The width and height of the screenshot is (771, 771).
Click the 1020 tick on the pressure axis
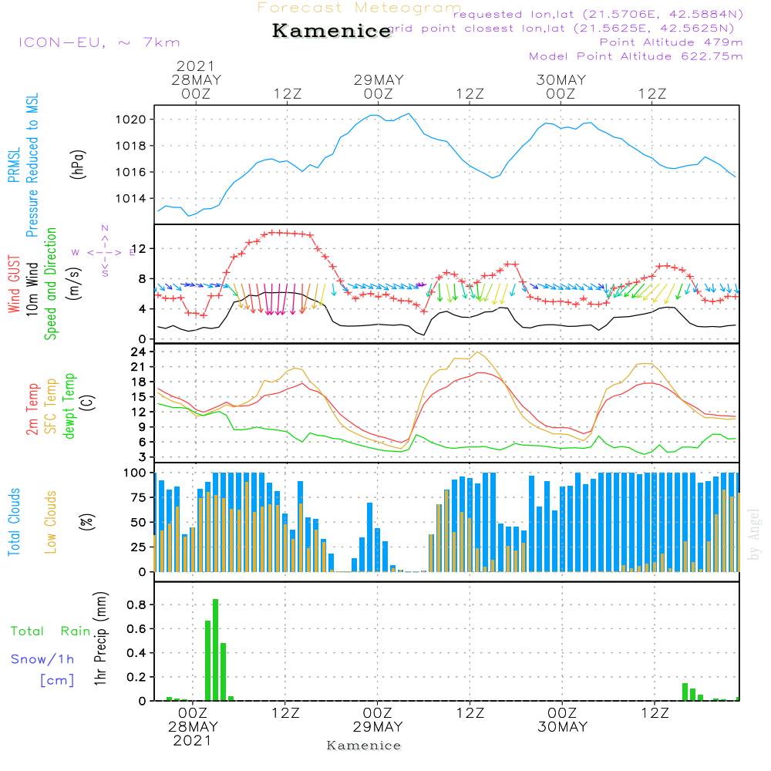[130, 120]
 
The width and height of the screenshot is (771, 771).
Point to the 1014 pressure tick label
[130, 198]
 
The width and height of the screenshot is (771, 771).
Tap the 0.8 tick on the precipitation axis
[138, 604]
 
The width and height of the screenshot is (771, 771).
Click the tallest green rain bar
[216, 649]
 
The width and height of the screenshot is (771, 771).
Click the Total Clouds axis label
[14, 522]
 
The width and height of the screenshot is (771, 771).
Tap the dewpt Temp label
[69, 406]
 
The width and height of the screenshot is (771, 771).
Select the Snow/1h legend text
[42, 659]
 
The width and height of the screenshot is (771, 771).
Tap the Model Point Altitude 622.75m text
[636, 56]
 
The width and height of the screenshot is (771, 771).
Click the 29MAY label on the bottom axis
[379, 727]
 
